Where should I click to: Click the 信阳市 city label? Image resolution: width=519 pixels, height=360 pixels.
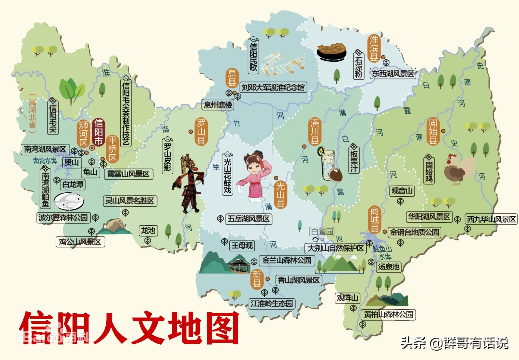98,132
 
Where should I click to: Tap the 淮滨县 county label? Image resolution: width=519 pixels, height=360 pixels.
374,48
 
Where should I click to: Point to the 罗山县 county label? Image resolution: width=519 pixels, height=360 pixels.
201,132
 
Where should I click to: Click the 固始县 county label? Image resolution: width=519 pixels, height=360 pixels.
433,132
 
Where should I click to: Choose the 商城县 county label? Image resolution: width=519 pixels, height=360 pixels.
374,220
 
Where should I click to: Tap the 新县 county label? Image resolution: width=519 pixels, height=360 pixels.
257,279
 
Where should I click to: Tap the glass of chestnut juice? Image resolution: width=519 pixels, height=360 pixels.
328,164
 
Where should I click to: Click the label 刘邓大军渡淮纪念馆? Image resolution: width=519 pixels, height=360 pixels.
273,88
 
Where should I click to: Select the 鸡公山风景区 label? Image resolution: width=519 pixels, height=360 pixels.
80,242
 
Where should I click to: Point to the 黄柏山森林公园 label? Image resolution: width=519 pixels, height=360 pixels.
388,315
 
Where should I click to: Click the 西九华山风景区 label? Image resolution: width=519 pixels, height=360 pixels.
491,219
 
